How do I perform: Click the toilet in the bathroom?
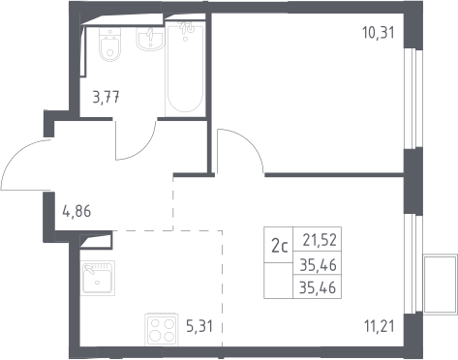click(110, 45)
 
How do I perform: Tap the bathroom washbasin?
click(150, 39)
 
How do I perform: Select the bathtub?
click(185, 69)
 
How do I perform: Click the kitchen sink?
click(98, 278)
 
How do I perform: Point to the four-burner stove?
click(161, 329)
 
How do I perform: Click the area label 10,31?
click(379, 33)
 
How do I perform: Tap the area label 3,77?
click(106, 97)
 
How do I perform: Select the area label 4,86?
click(76, 212)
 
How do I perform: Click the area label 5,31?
click(199, 326)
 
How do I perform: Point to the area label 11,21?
click(380, 326)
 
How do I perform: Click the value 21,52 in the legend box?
click(320, 240)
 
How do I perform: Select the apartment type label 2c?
click(280, 247)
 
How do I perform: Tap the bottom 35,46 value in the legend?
click(318, 287)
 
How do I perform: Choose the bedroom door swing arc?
click(250, 142)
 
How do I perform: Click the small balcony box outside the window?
click(441, 284)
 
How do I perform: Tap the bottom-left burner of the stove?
click(155, 337)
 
